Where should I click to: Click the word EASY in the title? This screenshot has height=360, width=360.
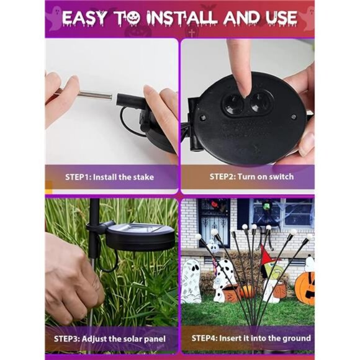click(84, 18)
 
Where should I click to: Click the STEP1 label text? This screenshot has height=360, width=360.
click(78, 178)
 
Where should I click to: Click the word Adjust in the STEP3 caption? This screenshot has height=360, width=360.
click(92, 339)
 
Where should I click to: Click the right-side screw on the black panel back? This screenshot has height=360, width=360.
click(294, 117)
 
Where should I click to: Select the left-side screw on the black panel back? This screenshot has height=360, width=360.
click(203, 118)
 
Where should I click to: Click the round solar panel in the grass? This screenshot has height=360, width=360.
click(140, 236)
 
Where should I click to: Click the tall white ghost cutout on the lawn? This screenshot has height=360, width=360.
click(191, 281)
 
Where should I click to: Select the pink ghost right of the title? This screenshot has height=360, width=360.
click(307, 19)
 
